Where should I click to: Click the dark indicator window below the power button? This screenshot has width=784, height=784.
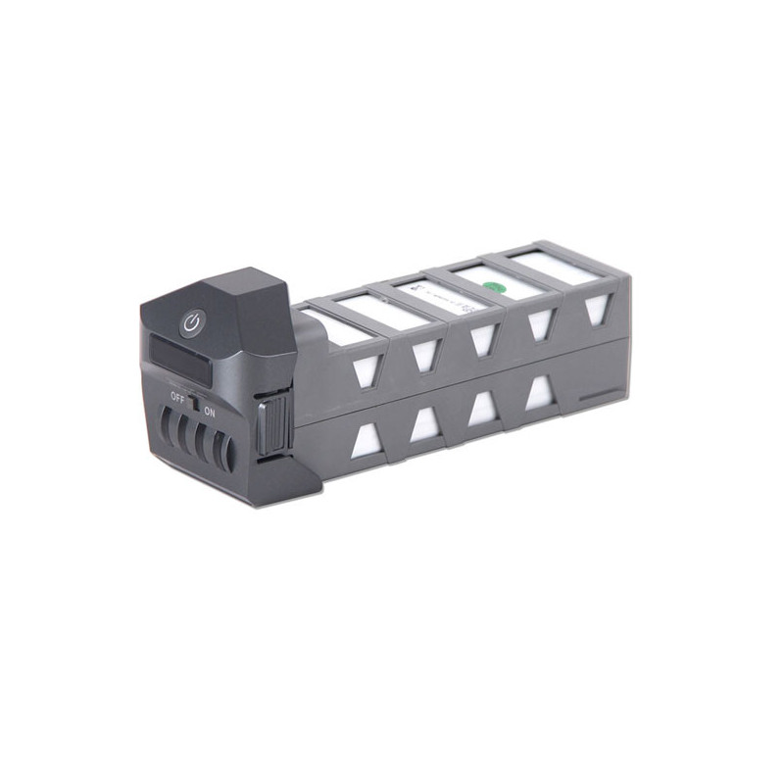182,354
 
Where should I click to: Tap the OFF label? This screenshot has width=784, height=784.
177,397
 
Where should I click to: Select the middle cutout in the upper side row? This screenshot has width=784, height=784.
482,337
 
